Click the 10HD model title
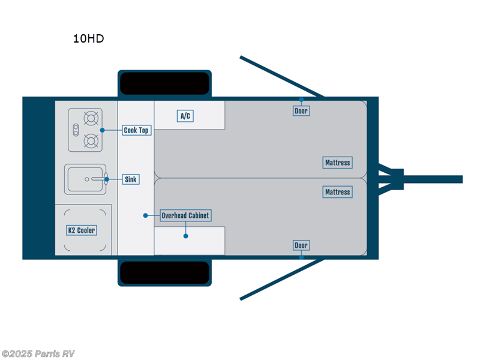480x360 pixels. (88, 39)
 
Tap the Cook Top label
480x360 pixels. (136, 130)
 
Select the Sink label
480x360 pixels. (130, 179)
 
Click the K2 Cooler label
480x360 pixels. (81, 230)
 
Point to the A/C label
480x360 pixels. (185, 116)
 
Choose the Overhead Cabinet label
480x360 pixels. (186, 215)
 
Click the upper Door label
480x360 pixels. (301, 111)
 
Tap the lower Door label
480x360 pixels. (301, 245)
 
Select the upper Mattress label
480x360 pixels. (337, 163)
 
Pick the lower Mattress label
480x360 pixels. (337, 192)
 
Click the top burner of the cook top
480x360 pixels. (91, 118)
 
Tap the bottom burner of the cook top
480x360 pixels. (91, 141)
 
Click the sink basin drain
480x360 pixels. (87, 179)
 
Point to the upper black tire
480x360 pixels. (164, 83)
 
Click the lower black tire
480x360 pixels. (164, 272)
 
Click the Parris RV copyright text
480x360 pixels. (38, 354)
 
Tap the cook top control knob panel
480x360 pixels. (76, 130)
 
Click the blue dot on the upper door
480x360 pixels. (301, 100)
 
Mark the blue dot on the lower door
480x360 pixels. (301, 257)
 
